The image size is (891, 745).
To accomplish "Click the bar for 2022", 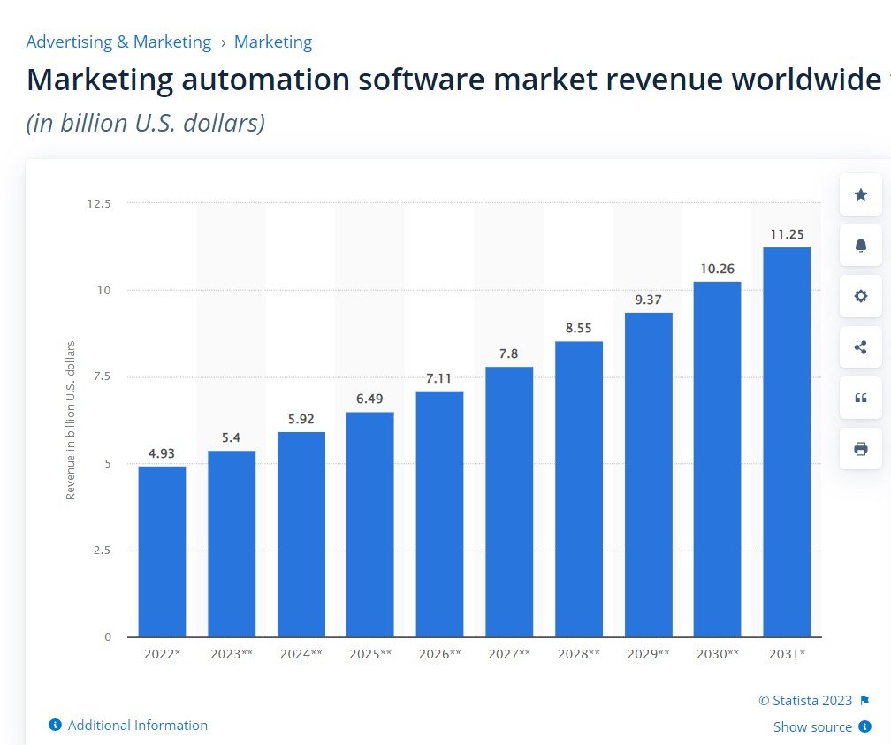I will [x=162, y=551].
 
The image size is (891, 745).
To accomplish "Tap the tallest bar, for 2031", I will [x=787, y=442].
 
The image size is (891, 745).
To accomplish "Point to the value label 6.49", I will [x=370, y=399].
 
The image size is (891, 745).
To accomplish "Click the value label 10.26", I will [x=717, y=269].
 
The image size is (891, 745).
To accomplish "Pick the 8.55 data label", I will [x=578, y=328].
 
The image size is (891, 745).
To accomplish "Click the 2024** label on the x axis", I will [x=301, y=655].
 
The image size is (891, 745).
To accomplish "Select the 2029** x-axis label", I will [x=648, y=655].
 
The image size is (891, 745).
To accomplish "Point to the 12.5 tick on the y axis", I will [x=99, y=203].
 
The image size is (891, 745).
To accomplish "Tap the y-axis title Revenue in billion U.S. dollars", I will [x=71, y=420].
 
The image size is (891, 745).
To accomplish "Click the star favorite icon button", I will [x=860, y=194].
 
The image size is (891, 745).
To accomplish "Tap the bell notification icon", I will [x=860, y=246].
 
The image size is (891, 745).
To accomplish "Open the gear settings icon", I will [x=860, y=296].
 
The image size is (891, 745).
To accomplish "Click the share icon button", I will [x=860, y=347].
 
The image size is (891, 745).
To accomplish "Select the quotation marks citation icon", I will [x=860, y=398].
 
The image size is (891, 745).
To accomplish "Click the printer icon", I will [x=860, y=449].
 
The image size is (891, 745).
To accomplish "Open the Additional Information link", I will [x=137, y=726].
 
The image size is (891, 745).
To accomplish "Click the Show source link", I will [x=812, y=727].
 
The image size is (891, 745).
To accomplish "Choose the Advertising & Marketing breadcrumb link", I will [x=118, y=42].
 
